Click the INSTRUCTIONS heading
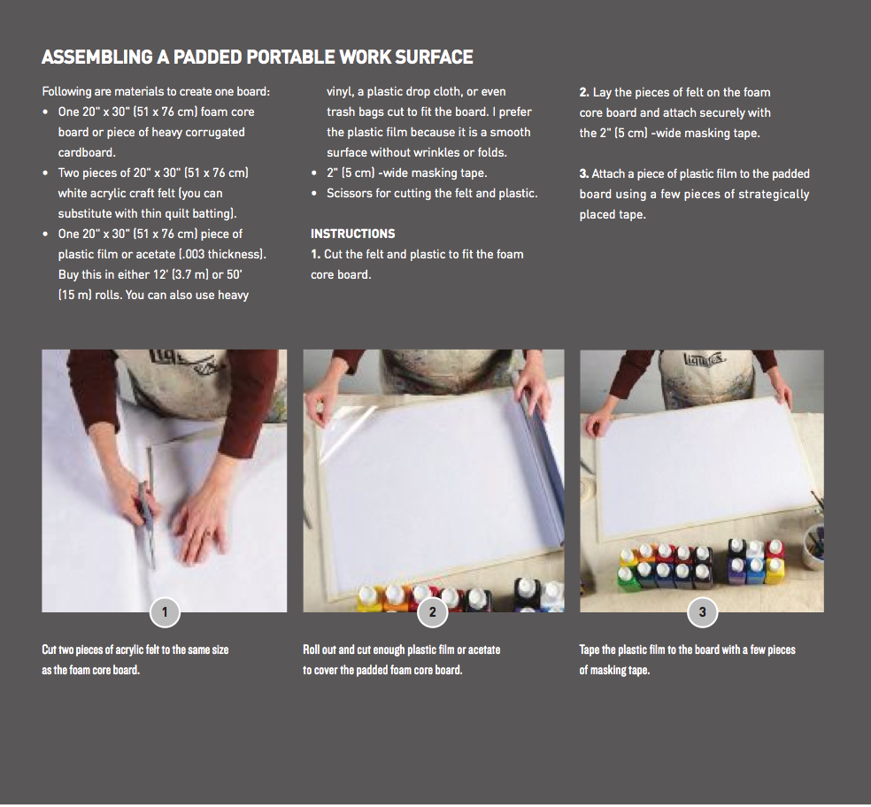[352, 234]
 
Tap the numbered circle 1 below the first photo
[165, 612]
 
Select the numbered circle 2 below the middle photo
[432, 612]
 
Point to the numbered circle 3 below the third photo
[702, 612]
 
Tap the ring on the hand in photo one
[206, 534]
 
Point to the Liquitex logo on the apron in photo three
[705, 360]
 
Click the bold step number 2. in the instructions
[584, 92]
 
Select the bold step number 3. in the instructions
[584, 173]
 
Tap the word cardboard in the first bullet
[87, 152]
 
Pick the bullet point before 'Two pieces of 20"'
[45, 173]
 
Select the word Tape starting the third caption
[589, 649]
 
